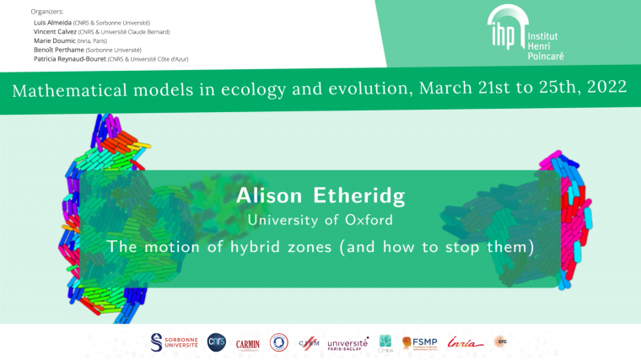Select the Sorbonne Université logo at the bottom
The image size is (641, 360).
click(175, 341)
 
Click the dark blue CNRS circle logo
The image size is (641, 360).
click(217, 341)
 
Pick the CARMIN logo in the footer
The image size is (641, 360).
click(248, 342)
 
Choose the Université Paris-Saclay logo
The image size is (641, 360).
click(347, 342)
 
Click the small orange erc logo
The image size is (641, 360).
click(501, 341)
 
